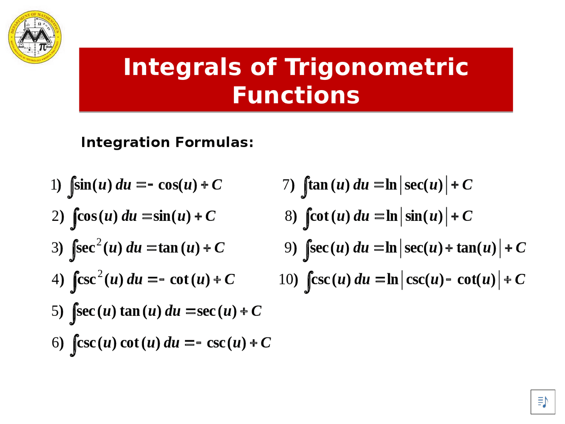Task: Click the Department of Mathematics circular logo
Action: point(35,37)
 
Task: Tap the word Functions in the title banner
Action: point(296,95)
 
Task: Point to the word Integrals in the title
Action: point(182,67)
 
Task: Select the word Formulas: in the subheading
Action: point(215,142)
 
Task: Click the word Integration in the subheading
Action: point(125,142)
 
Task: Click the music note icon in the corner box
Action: point(543,402)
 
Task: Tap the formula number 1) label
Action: point(56,185)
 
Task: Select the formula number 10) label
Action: point(288,279)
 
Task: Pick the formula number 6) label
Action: point(58,343)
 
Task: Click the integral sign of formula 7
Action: point(305,187)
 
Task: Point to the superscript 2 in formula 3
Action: point(99,242)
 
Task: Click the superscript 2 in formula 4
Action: point(100,274)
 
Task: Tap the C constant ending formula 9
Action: point(520,248)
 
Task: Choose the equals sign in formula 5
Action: point(191,311)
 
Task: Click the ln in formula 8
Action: point(392,216)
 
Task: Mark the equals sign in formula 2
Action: point(147,216)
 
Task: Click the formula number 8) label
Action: point(291,216)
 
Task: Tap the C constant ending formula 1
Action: point(217,185)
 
